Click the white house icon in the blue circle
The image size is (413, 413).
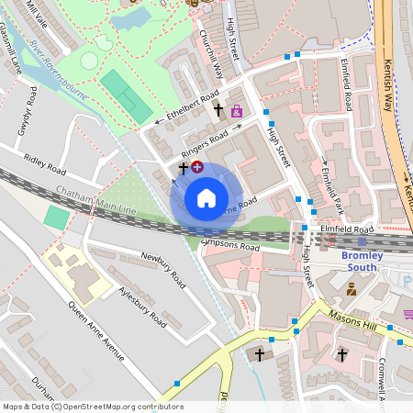click(x=206, y=197)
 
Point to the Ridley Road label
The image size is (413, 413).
click(x=46, y=164)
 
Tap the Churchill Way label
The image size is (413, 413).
click(x=211, y=50)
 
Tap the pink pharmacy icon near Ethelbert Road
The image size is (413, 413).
click(x=237, y=111)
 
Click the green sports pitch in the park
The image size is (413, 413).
click(x=127, y=95)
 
